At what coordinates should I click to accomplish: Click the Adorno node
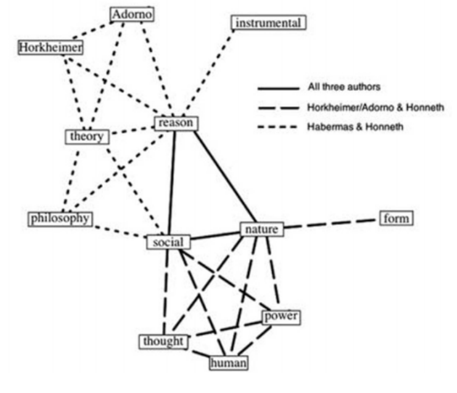pyautogui.click(x=132, y=13)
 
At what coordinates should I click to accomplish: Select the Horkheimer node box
pyautogui.click(x=51, y=47)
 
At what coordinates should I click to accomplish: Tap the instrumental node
pyautogui.click(x=268, y=23)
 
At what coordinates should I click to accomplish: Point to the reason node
pyautogui.click(x=175, y=123)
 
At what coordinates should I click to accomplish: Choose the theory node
pyautogui.click(x=87, y=136)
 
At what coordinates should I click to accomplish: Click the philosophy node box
pyautogui.click(x=60, y=218)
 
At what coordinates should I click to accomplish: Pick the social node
pyautogui.click(x=168, y=242)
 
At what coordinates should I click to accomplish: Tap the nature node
pyautogui.click(x=262, y=230)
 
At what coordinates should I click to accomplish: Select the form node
pyautogui.click(x=395, y=218)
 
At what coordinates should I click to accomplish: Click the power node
pyautogui.click(x=280, y=317)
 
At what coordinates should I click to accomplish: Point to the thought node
pyautogui.click(x=163, y=341)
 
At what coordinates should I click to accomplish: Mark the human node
pyautogui.click(x=228, y=363)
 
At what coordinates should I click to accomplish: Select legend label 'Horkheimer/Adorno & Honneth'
pyautogui.click(x=372, y=107)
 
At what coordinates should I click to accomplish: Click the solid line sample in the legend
pyautogui.click(x=278, y=88)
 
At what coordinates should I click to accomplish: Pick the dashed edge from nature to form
pyautogui.click(x=329, y=224)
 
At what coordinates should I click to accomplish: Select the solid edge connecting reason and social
pyautogui.click(x=172, y=183)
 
